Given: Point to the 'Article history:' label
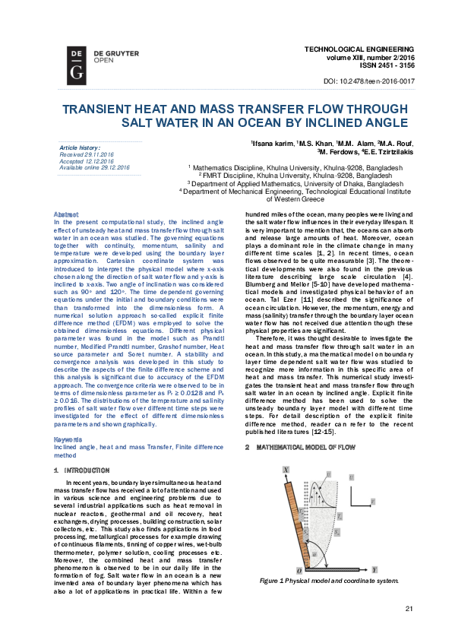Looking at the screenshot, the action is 80,147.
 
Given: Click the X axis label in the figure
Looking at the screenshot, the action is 286,471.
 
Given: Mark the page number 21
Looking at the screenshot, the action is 409,608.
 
